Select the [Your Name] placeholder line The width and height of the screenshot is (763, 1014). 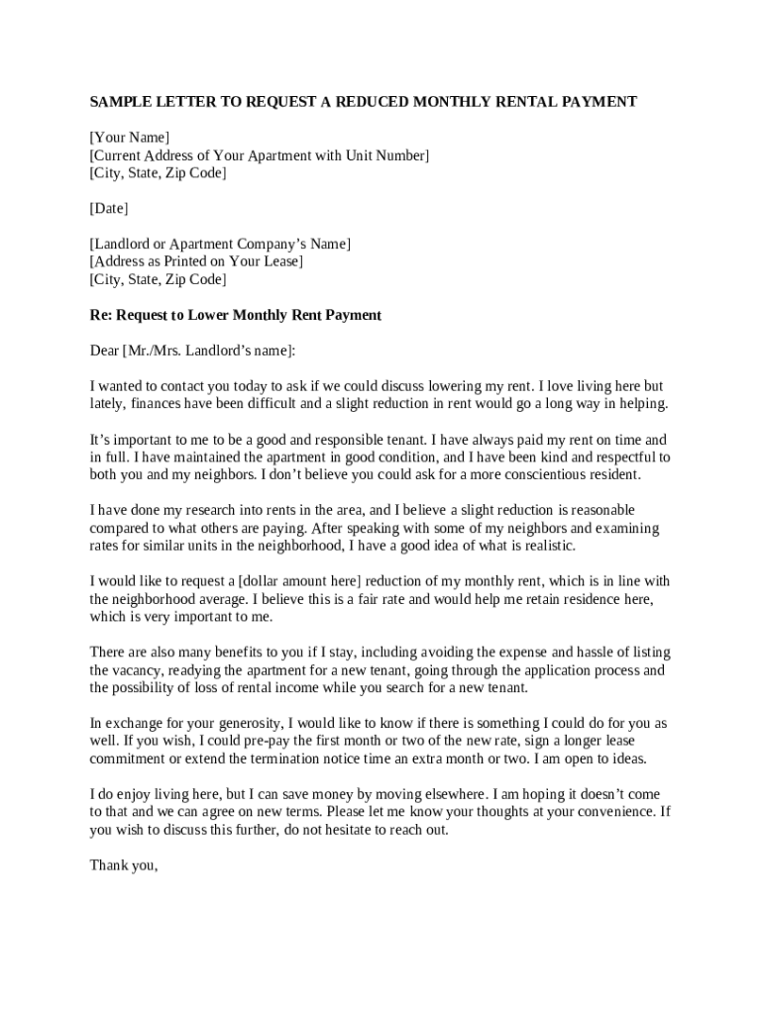pyautogui.click(x=129, y=138)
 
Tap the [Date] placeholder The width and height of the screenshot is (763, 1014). pyautogui.click(x=109, y=209)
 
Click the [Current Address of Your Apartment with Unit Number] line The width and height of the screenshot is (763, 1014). pyautogui.click(x=260, y=155)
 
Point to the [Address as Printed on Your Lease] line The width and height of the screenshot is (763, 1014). pyautogui.click(x=196, y=261)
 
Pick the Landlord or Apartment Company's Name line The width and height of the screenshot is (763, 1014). pyautogui.click(x=220, y=244)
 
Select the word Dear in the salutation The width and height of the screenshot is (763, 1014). pyautogui.click(x=104, y=351)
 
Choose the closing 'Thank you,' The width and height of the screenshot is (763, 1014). pyautogui.click(x=124, y=865)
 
